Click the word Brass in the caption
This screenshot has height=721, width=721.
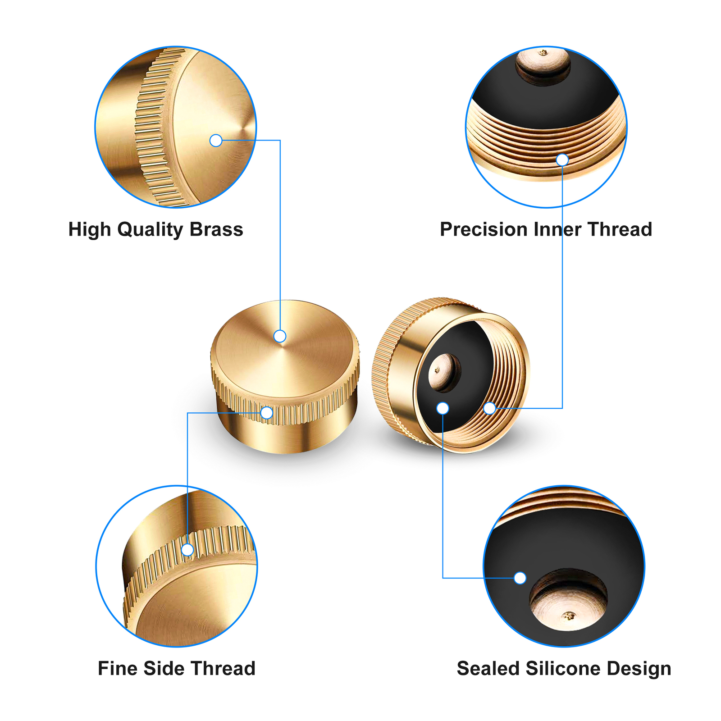tap(216, 229)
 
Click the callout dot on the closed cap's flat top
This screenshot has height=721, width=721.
tap(280, 336)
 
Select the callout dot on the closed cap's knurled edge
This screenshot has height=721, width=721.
tap(267, 413)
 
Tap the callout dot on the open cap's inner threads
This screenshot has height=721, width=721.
tap(489, 408)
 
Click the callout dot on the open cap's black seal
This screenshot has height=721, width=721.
tap(443, 408)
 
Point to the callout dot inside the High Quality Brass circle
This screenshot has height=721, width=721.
tap(216, 141)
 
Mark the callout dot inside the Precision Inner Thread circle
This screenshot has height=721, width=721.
tap(562, 160)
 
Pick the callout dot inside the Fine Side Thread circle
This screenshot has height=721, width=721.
tap(187, 550)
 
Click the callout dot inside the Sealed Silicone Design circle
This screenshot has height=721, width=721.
tap(520, 578)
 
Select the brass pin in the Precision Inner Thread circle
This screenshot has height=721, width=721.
tap(543, 63)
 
